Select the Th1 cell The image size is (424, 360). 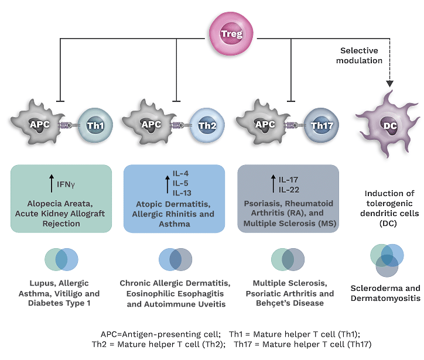click(93, 125)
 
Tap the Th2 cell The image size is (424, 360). click(206, 125)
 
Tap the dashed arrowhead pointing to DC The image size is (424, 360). click(389, 84)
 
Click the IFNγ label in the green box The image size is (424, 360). click(66, 184)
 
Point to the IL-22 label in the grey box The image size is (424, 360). click(289, 189)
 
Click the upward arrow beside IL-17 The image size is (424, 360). click(272, 184)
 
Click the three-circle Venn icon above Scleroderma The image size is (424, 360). click(387, 259)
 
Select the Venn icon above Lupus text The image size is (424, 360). click(61, 259)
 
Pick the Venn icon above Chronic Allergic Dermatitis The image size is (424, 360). click(175, 259)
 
